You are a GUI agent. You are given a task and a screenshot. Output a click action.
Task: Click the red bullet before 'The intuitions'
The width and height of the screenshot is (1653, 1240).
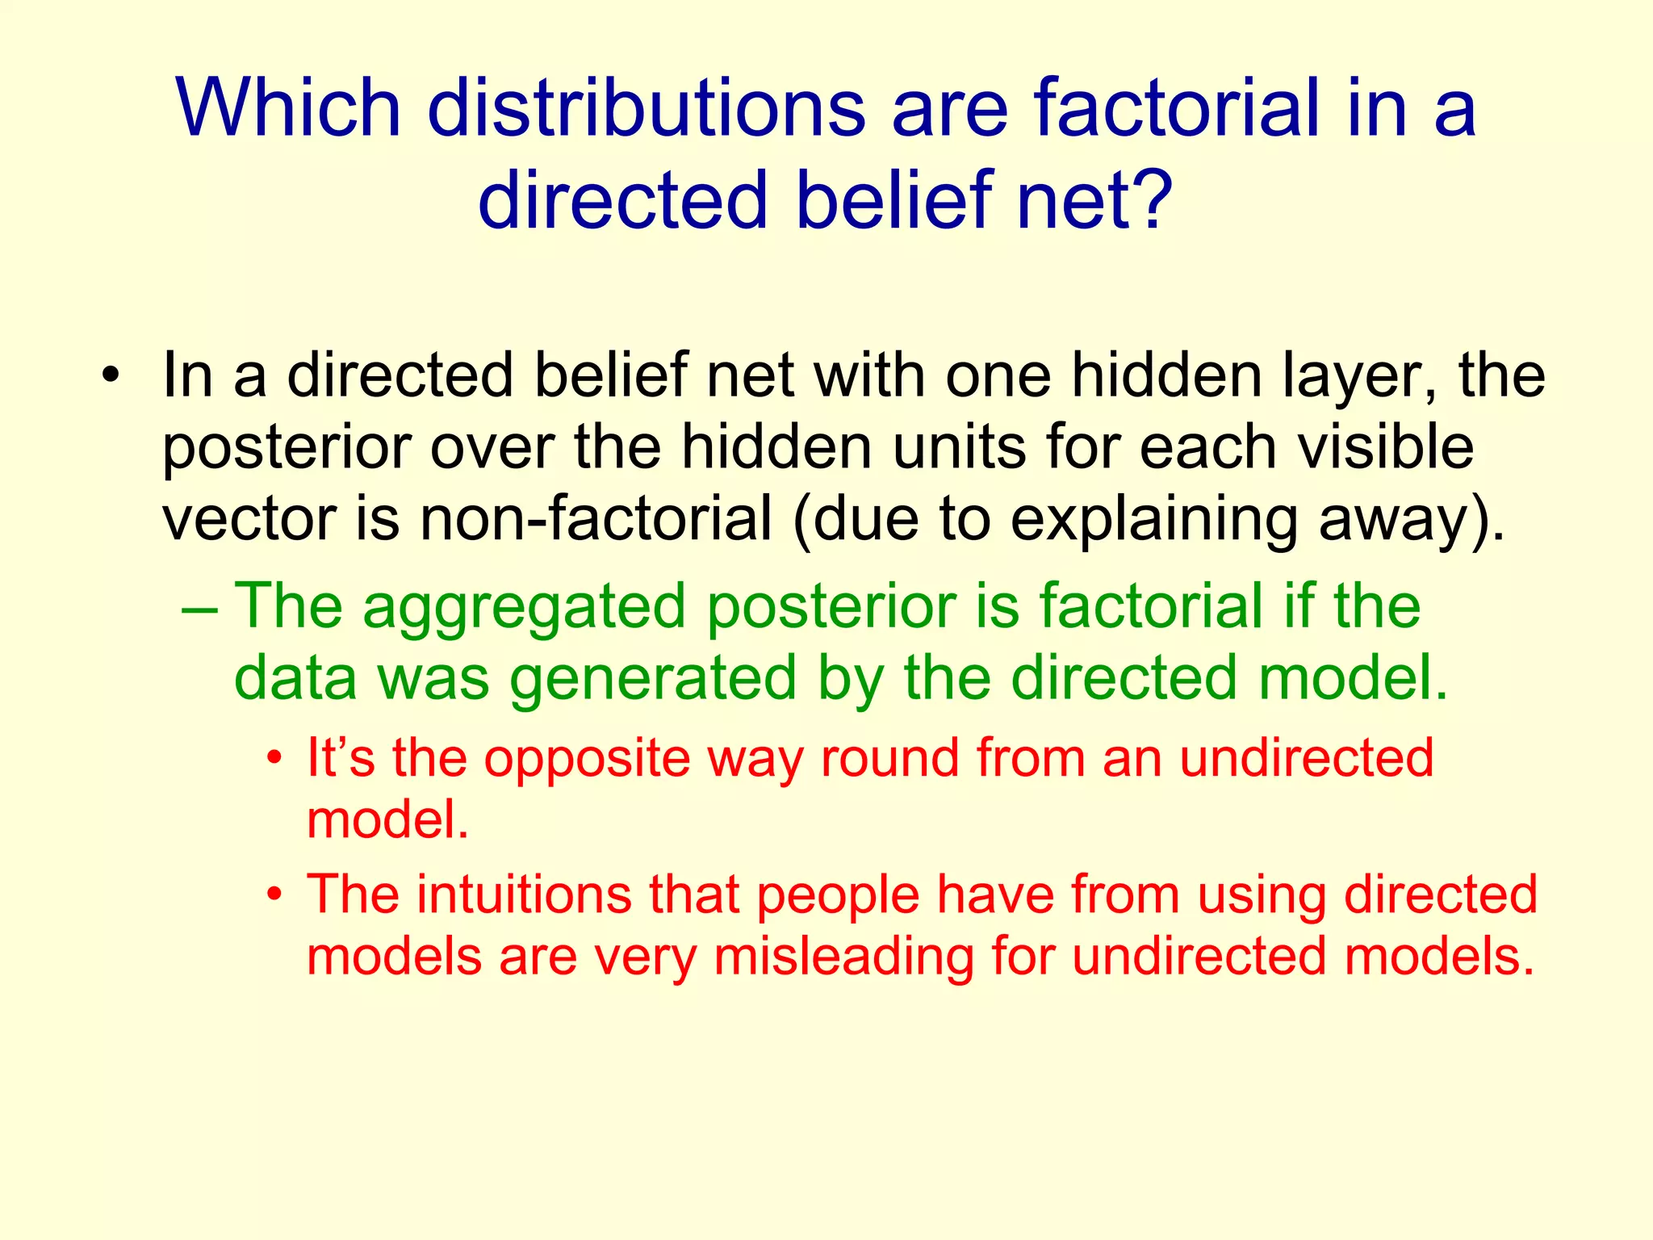point(275,895)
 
